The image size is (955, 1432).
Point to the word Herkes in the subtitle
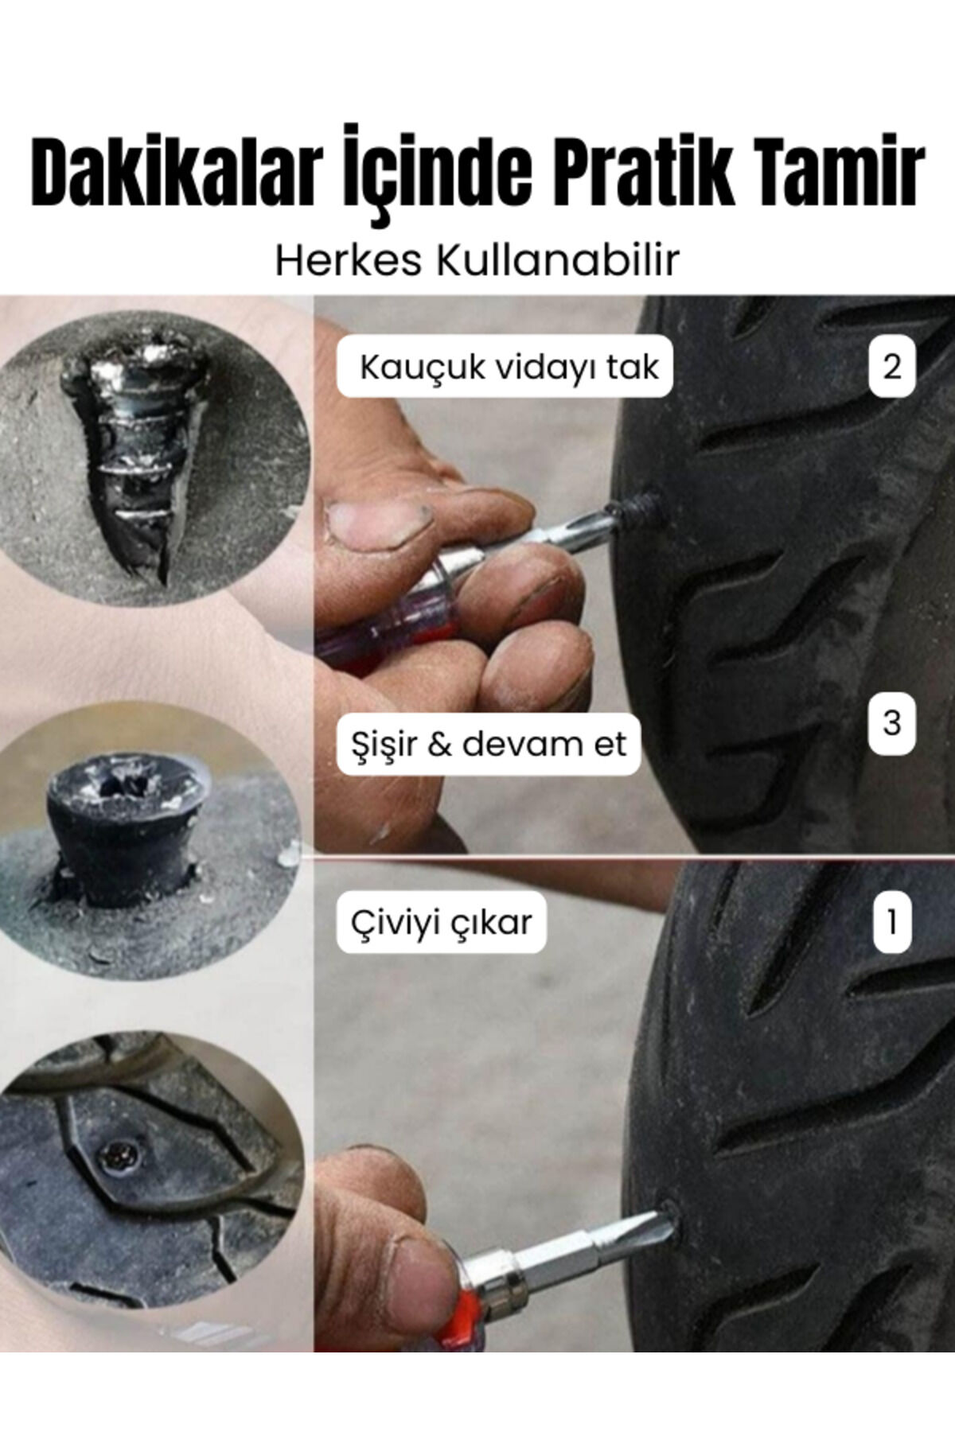(x=347, y=260)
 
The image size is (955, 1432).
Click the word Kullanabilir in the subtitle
(x=556, y=260)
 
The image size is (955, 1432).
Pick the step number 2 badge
(x=891, y=367)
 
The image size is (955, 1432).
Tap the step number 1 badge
(x=891, y=923)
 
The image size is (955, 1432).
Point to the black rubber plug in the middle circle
(x=127, y=831)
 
